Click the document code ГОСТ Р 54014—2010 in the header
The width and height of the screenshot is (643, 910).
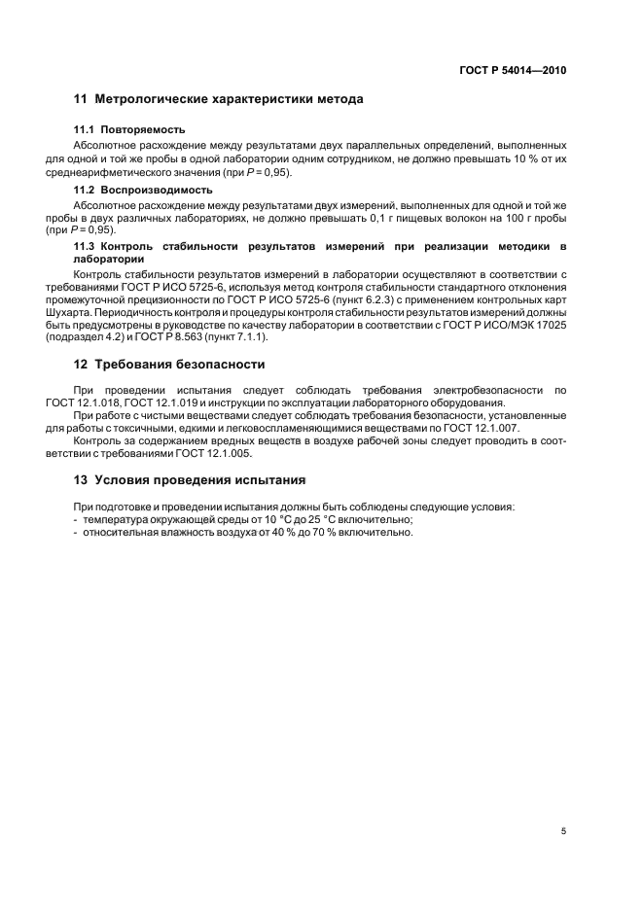[x=513, y=71]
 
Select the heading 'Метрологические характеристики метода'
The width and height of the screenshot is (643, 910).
[x=229, y=99]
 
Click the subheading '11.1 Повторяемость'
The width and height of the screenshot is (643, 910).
[x=129, y=129]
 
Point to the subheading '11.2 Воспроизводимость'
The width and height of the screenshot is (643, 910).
[x=143, y=190]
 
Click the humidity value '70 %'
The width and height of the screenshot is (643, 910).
[x=308, y=533]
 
